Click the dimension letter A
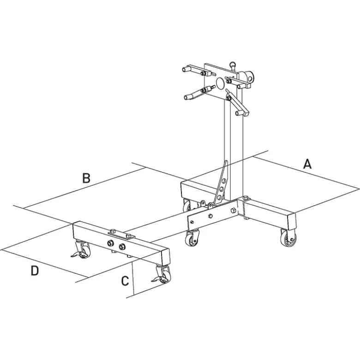pos(307,164)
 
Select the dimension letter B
pos(86,178)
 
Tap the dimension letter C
pos(125,281)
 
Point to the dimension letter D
pos(35,271)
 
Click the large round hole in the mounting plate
pos(221,83)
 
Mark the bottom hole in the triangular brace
pos(219,197)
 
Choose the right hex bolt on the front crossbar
pos(121,247)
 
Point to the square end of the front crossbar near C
pos(166,257)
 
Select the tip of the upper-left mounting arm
pos(185,69)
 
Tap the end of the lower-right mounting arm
pos(238,112)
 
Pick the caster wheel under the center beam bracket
pos(192,238)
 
